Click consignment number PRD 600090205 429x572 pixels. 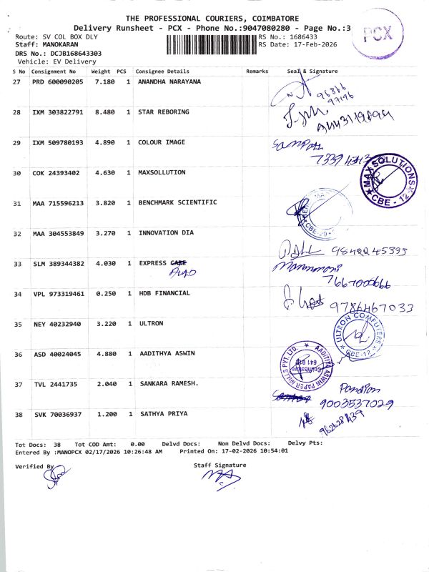click(x=58, y=82)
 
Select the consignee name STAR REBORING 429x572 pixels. click(x=164, y=112)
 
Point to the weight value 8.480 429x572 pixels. click(x=104, y=112)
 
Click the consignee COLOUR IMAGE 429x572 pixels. click(x=162, y=142)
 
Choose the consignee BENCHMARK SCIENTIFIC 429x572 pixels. click(x=177, y=203)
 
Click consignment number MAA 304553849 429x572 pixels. click(x=58, y=233)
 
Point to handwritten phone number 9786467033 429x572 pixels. click(x=372, y=307)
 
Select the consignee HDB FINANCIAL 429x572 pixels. click(x=164, y=293)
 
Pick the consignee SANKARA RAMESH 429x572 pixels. click(x=168, y=384)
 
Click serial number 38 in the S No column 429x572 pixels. click(x=19, y=414)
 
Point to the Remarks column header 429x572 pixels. click(x=257, y=71)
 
